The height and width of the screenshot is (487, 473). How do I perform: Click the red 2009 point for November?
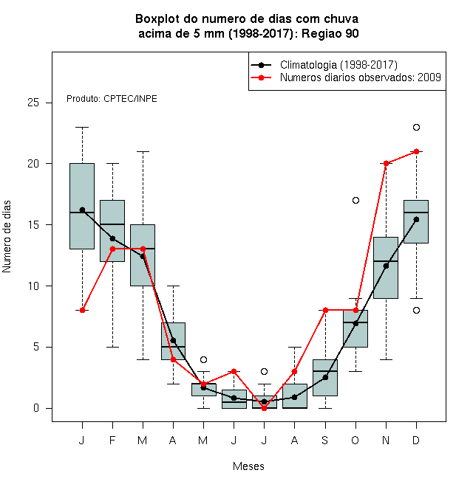(x=386, y=163)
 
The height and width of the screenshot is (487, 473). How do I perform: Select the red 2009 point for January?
(x=82, y=310)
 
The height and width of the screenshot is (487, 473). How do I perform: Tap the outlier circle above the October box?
(x=355, y=200)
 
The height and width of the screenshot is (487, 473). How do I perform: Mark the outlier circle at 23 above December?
(x=416, y=128)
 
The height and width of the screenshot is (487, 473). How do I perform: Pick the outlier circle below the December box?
(x=416, y=310)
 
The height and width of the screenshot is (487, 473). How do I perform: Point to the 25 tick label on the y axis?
(x=33, y=103)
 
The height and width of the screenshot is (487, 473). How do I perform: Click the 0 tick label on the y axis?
(x=36, y=408)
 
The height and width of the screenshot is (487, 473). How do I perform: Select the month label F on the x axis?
(x=112, y=440)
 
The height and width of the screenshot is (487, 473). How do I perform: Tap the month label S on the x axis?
(x=325, y=440)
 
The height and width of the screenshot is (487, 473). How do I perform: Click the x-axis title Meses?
(x=248, y=466)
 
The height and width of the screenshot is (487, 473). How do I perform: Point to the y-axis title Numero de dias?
(x=7, y=237)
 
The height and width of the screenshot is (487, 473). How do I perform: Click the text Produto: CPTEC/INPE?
(x=112, y=99)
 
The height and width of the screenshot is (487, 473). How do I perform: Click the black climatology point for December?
(x=416, y=220)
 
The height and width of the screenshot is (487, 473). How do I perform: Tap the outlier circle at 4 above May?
(x=203, y=359)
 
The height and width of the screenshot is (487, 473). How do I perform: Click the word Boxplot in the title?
(x=157, y=19)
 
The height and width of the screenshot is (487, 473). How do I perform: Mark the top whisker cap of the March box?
(x=143, y=151)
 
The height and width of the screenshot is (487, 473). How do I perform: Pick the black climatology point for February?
(x=112, y=238)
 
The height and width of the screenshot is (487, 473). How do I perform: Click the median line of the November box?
(x=386, y=261)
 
